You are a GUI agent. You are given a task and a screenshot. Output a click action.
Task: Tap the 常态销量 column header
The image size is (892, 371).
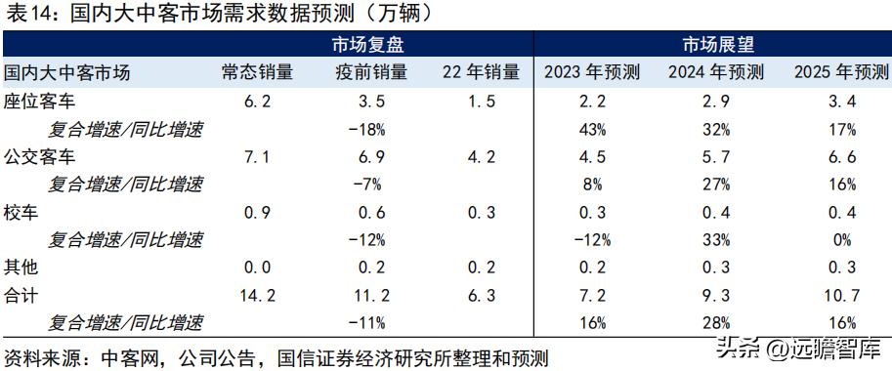(256, 73)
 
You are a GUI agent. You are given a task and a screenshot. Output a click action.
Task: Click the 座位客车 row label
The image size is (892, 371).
(40, 102)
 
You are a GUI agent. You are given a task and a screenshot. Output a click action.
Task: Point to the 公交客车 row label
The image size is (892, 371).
(40, 156)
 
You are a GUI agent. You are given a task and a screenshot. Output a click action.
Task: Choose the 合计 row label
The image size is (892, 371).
(22, 293)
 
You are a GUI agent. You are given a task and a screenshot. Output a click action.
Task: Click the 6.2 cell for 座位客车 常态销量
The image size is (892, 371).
(256, 102)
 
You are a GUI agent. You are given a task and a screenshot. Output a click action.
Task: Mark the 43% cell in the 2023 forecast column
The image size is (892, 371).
(590, 129)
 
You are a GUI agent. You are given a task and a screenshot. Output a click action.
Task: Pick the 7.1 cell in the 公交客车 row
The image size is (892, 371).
(256, 156)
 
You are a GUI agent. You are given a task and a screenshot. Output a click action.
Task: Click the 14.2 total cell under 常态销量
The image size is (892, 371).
(256, 293)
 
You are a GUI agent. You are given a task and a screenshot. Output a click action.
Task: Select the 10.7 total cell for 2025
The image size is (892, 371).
(840, 293)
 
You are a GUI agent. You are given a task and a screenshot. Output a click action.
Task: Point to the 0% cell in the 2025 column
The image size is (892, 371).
(840, 238)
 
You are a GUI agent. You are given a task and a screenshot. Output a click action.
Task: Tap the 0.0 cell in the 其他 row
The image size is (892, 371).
(256, 266)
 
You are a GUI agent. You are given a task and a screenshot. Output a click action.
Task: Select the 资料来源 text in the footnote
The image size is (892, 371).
(37, 356)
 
